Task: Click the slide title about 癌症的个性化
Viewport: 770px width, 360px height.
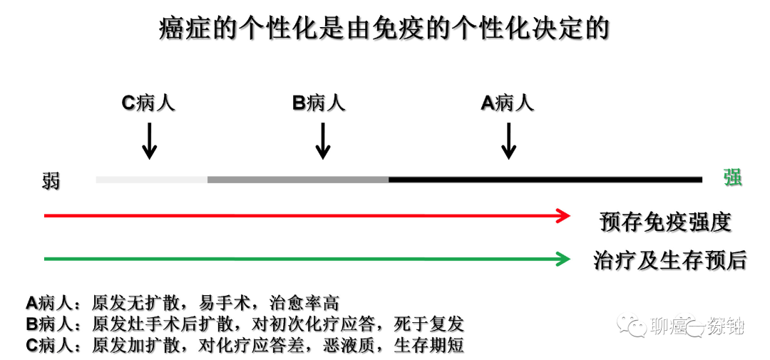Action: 384,29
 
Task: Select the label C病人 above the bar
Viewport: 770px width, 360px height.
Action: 148,103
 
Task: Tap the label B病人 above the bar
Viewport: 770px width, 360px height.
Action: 319,103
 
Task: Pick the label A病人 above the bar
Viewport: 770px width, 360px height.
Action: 507,103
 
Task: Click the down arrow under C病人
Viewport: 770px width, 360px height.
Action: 148,140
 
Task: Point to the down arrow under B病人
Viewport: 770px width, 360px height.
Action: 322,140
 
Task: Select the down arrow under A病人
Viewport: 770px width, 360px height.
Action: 508,140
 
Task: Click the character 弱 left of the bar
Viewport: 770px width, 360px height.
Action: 51,180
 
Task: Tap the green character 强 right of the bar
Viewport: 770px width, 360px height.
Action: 732,178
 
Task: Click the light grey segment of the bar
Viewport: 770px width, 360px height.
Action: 151,180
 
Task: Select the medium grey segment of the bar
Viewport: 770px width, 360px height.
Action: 298,180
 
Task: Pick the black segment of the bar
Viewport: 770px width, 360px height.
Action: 545,180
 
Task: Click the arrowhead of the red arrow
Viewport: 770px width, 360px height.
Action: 564,215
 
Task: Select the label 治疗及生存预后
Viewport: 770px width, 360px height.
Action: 669,260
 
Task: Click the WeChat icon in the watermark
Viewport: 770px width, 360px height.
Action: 632,326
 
